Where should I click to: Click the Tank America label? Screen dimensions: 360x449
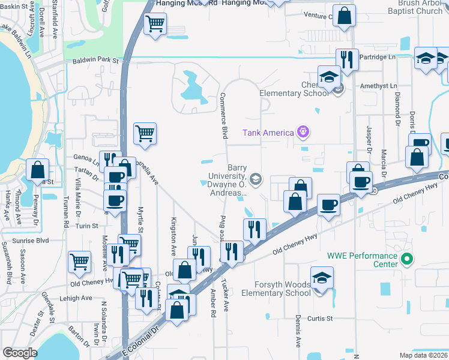268,133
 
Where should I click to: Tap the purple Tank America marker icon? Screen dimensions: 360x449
303,131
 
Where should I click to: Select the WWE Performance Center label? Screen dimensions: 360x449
362,260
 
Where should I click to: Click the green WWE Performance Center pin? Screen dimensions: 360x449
407,260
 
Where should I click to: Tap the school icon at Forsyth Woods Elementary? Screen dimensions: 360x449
322,278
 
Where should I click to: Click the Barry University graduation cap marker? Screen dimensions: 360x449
256,179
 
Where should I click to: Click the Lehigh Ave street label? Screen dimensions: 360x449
75,298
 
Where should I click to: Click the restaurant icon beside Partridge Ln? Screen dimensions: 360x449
346,59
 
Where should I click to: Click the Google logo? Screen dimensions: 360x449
20,353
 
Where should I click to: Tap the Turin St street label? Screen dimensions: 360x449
86,226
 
